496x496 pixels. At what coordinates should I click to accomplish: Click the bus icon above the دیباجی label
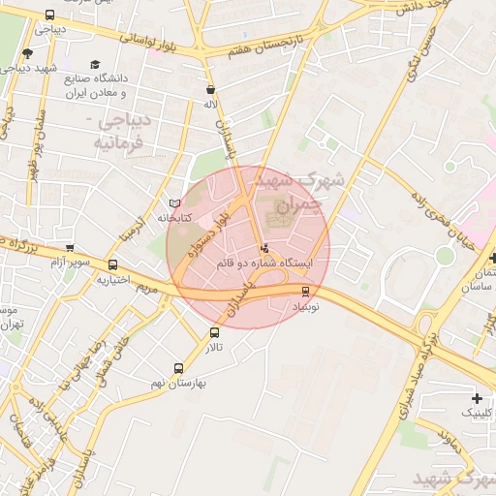pyautogui.click(x=50, y=15)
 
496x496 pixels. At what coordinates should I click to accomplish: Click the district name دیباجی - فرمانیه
pyautogui.click(x=120, y=134)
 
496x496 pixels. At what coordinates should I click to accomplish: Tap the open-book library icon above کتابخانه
pyautogui.click(x=174, y=203)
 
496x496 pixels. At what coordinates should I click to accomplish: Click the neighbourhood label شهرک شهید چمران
pyautogui.click(x=286, y=190)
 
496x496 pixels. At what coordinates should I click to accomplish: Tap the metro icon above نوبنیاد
pyautogui.click(x=306, y=291)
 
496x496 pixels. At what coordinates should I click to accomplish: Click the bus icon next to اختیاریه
pyautogui.click(x=113, y=264)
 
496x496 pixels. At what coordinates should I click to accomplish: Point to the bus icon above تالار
pyautogui.click(x=214, y=332)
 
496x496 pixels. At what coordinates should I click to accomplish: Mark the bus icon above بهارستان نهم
pyautogui.click(x=178, y=368)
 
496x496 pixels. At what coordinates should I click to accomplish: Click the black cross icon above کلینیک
pyautogui.click(x=477, y=398)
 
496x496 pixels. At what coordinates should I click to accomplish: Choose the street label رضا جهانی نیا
pyautogui.click(x=77, y=362)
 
